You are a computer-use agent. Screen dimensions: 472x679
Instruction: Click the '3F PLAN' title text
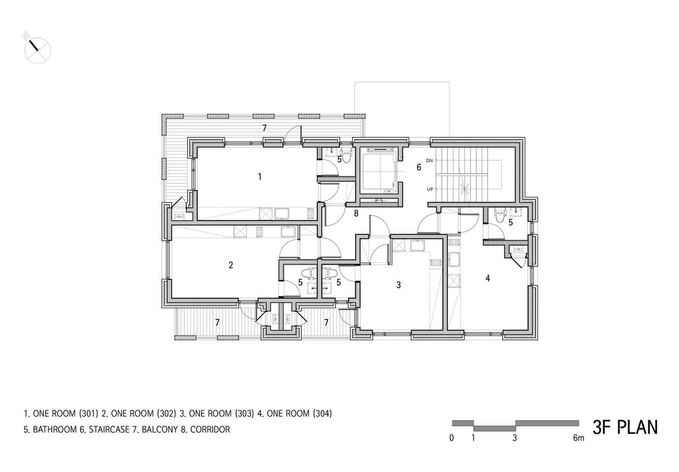[x=625, y=427]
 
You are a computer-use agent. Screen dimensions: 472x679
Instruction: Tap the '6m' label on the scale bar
[x=578, y=438]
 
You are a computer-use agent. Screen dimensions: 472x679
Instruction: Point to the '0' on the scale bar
[x=452, y=438]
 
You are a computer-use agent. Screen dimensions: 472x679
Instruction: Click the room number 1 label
[x=259, y=177]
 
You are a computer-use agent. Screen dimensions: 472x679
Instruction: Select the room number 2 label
[x=231, y=265]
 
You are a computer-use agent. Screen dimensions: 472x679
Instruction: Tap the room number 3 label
[x=398, y=285]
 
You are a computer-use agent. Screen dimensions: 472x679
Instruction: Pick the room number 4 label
[x=488, y=278]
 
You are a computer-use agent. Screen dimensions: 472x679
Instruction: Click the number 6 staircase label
[x=418, y=167]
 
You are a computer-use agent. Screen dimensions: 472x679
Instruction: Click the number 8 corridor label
[x=356, y=213]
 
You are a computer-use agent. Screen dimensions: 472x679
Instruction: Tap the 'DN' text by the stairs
[x=429, y=160]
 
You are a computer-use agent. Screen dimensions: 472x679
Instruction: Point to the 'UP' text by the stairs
[x=429, y=189]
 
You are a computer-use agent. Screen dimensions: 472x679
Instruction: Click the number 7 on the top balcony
[x=265, y=128]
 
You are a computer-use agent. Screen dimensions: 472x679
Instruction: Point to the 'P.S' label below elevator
[x=379, y=201]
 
